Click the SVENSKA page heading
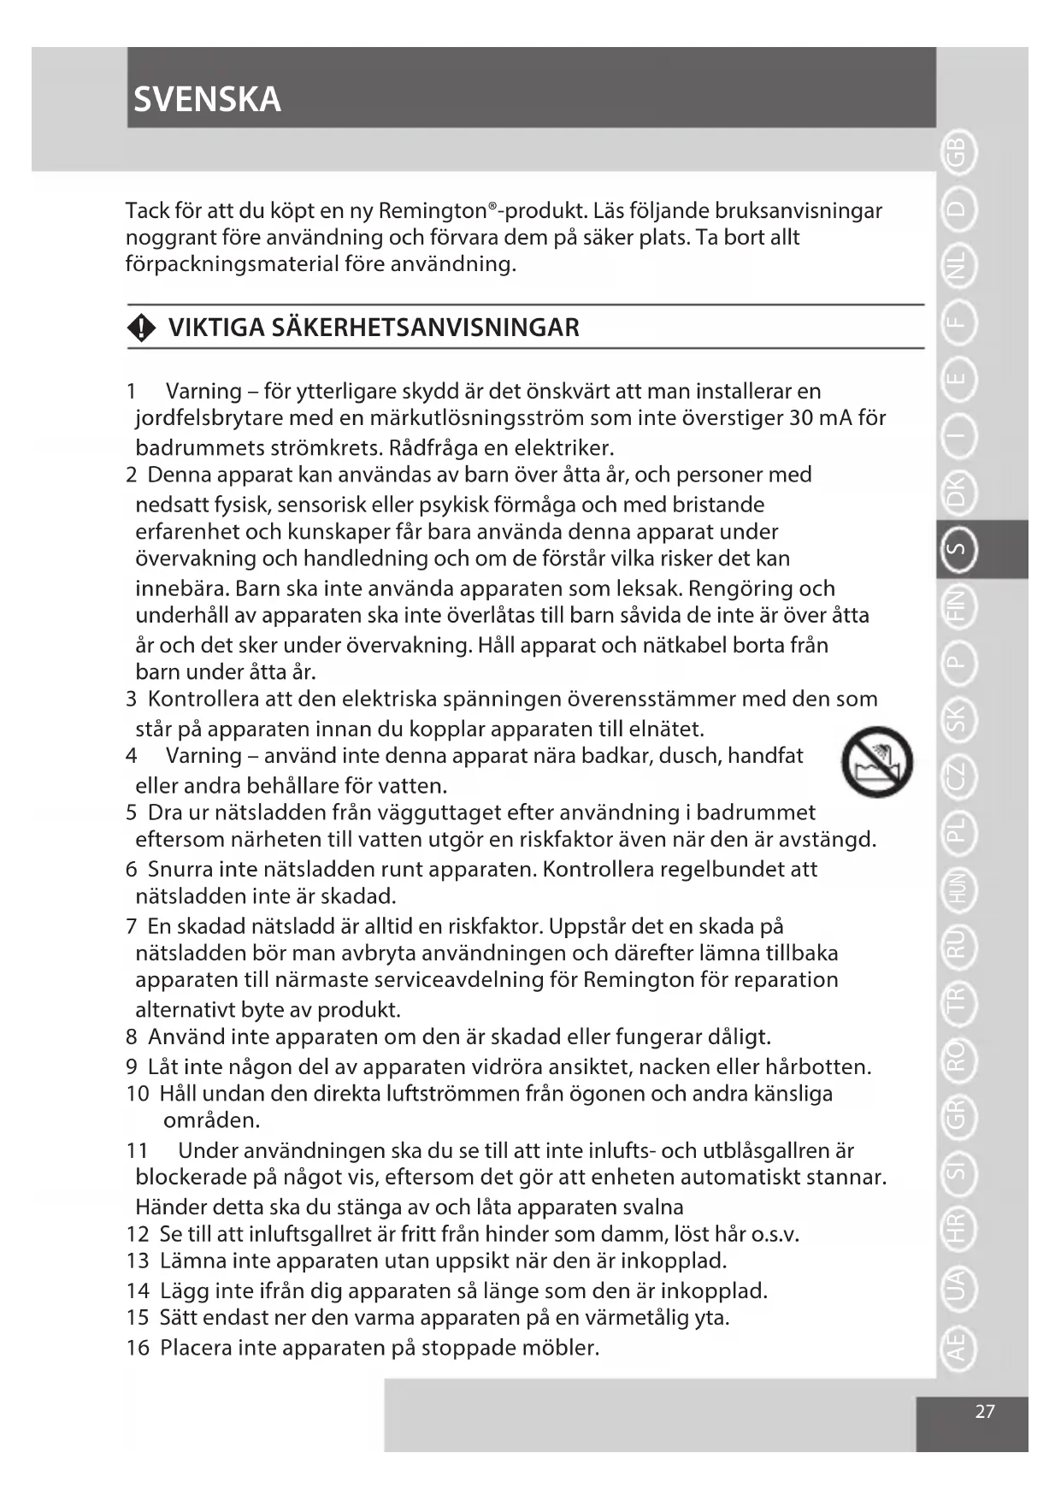click(x=208, y=100)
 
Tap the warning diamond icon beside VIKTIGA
click(x=141, y=328)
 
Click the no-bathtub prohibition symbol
click(x=876, y=762)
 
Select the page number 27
click(x=985, y=1411)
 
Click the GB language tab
click(x=958, y=153)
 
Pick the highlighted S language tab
click(x=958, y=550)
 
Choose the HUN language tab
click(x=958, y=889)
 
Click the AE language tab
click(x=958, y=1345)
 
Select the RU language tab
click(x=958, y=945)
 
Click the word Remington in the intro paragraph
click(x=432, y=210)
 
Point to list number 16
click(x=138, y=1348)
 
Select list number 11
click(x=137, y=1150)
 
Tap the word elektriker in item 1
click(x=563, y=448)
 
